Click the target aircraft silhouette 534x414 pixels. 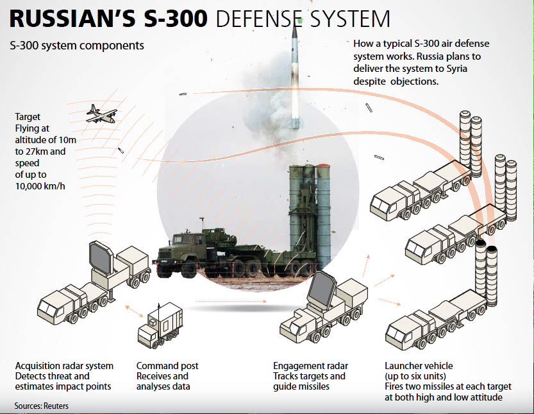click(x=101, y=114)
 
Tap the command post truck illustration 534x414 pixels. click(x=160, y=325)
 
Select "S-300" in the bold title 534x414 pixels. click(x=176, y=19)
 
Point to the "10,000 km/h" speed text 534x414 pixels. click(x=40, y=186)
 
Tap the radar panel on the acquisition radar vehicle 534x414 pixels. click(x=101, y=257)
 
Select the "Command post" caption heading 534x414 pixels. click(x=167, y=366)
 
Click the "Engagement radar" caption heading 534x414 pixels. click(x=310, y=366)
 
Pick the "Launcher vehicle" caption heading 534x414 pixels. click(x=419, y=366)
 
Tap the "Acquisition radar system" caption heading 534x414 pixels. click(x=64, y=366)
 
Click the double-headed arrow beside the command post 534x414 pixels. click(x=135, y=311)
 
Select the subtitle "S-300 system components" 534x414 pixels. click(x=77, y=46)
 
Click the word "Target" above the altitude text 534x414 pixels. click(x=28, y=117)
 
